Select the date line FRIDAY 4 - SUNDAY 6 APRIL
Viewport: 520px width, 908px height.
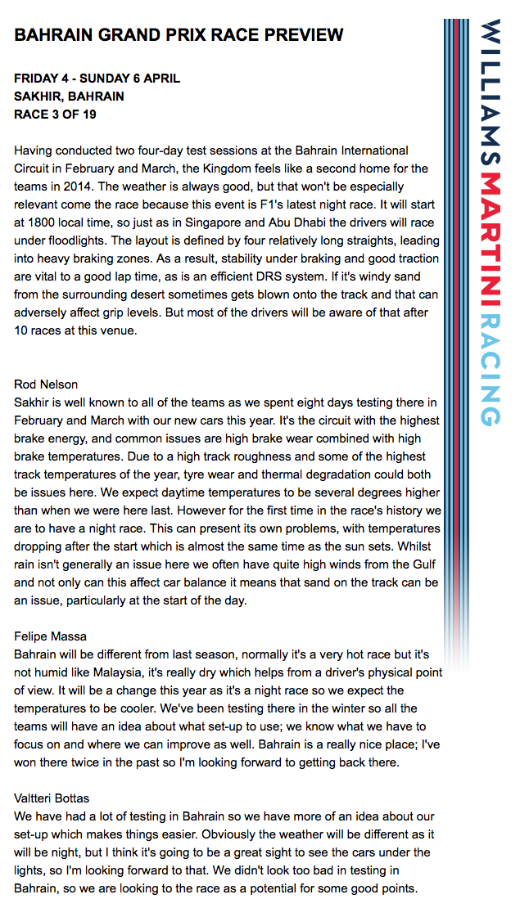point(97,79)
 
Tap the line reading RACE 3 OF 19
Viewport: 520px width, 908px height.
point(55,115)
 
